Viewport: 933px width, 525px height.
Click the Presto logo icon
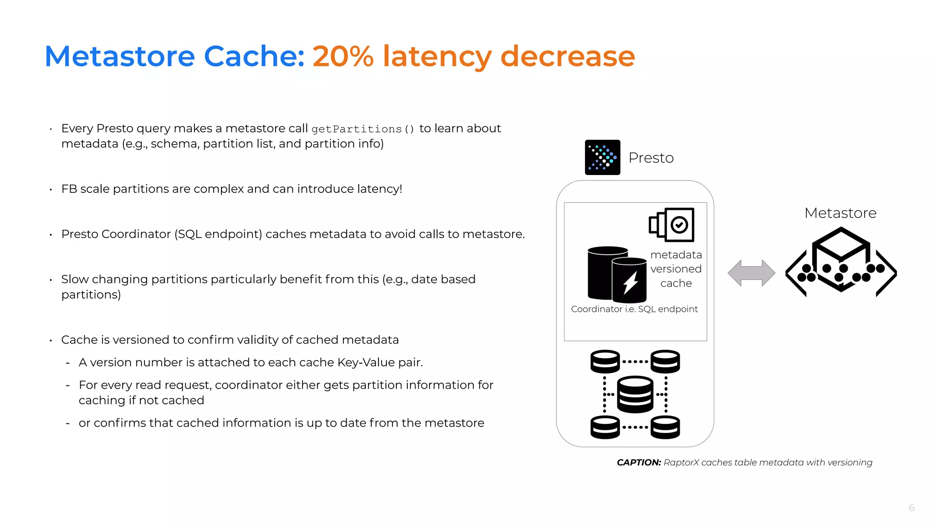pos(602,157)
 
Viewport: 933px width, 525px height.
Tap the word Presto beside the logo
pos(651,158)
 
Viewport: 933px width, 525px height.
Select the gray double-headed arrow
pos(751,273)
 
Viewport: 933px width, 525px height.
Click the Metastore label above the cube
pos(840,213)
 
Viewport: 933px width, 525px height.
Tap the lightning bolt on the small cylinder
pos(631,282)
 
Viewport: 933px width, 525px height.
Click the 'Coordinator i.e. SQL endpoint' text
pos(634,309)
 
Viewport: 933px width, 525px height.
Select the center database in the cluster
pos(635,394)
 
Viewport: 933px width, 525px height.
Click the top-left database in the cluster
pos(605,361)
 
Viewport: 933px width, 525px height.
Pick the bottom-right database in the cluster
pos(665,427)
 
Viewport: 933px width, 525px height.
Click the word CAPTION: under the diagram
pos(639,463)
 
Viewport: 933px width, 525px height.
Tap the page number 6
pos(911,508)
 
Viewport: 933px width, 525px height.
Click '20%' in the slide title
pos(343,57)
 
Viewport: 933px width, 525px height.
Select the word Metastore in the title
pos(120,57)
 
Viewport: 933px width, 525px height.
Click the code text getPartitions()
pos(363,129)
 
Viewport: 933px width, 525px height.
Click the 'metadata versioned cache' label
pos(676,269)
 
